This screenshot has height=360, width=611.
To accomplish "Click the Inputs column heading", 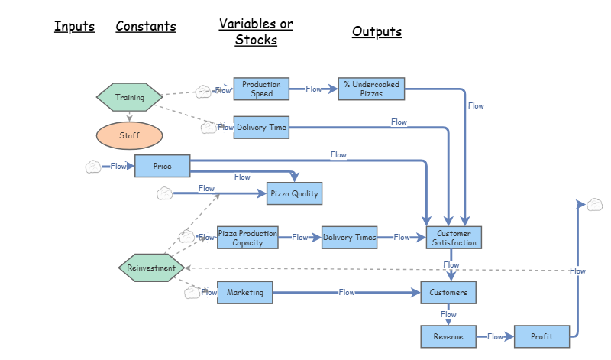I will tap(74, 27).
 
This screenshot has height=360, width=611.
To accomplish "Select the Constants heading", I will tap(146, 27).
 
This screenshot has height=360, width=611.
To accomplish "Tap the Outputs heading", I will tap(377, 32).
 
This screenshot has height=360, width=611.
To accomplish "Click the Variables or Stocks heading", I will tap(256, 32).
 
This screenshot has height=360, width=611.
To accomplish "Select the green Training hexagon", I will tap(129, 97).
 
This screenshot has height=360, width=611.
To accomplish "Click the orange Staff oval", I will tap(129, 135).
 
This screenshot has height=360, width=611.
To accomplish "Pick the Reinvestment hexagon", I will tap(151, 268).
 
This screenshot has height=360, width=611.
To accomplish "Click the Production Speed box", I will tap(261, 89).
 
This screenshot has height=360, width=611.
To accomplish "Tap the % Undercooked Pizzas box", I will tap(370, 89).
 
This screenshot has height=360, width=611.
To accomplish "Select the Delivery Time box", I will tap(261, 128).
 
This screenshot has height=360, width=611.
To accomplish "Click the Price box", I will tap(162, 166).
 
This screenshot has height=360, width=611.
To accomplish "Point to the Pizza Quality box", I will tap(294, 194).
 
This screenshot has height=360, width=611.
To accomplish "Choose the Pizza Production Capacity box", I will tap(247, 238).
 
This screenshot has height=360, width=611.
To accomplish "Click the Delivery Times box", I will tap(350, 238).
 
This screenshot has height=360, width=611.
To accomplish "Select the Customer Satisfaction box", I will tap(454, 238).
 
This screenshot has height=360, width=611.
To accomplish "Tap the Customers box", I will tap(448, 292).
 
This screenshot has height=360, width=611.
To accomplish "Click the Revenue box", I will tap(448, 336).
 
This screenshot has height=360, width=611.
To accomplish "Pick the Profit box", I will tap(541, 336).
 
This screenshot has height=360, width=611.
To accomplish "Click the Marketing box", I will tap(245, 292).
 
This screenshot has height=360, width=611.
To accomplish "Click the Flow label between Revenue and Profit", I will tap(495, 336).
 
